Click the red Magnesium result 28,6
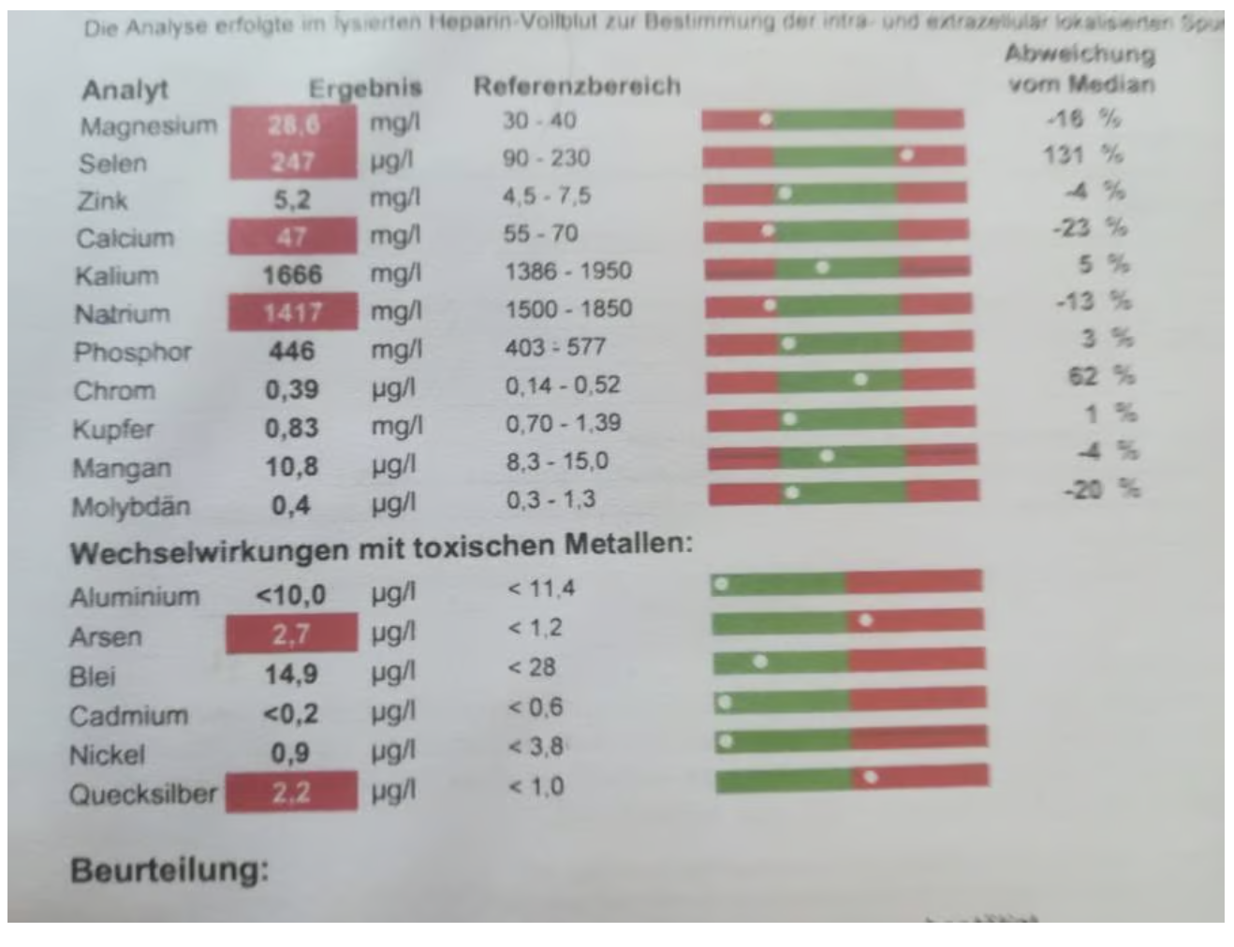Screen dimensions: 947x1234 click(x=293, y=124)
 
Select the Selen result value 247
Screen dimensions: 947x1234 click(x=293, y=162)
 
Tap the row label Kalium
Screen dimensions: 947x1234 click(x=117, y=276)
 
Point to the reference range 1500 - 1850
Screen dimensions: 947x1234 click(x=568, y=309)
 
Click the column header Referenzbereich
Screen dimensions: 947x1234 click(x=577, y=86)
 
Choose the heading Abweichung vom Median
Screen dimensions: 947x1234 click(x=1080, y=68)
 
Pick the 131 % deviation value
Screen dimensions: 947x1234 click(x=1082, y=154)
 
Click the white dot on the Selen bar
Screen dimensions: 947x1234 click(x=906, y=155)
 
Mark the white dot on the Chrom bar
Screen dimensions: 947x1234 click(x=860, y=379)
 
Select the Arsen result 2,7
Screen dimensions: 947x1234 click(x=291, y=634)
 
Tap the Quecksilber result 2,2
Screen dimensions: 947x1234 click(x=291, y=793)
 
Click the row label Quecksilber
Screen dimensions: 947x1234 click(x=142, y=794)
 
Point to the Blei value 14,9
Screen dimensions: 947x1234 click(x=290, y=674)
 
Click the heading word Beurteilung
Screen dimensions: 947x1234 click(x=169, y=870)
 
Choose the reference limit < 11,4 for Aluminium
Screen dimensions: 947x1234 click(x=541, y=589)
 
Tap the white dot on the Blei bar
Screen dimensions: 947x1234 click(x=760, y=662)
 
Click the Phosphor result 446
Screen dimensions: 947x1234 click(x=291, y=351)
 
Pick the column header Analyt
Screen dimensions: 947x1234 click(x=125, y=90)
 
